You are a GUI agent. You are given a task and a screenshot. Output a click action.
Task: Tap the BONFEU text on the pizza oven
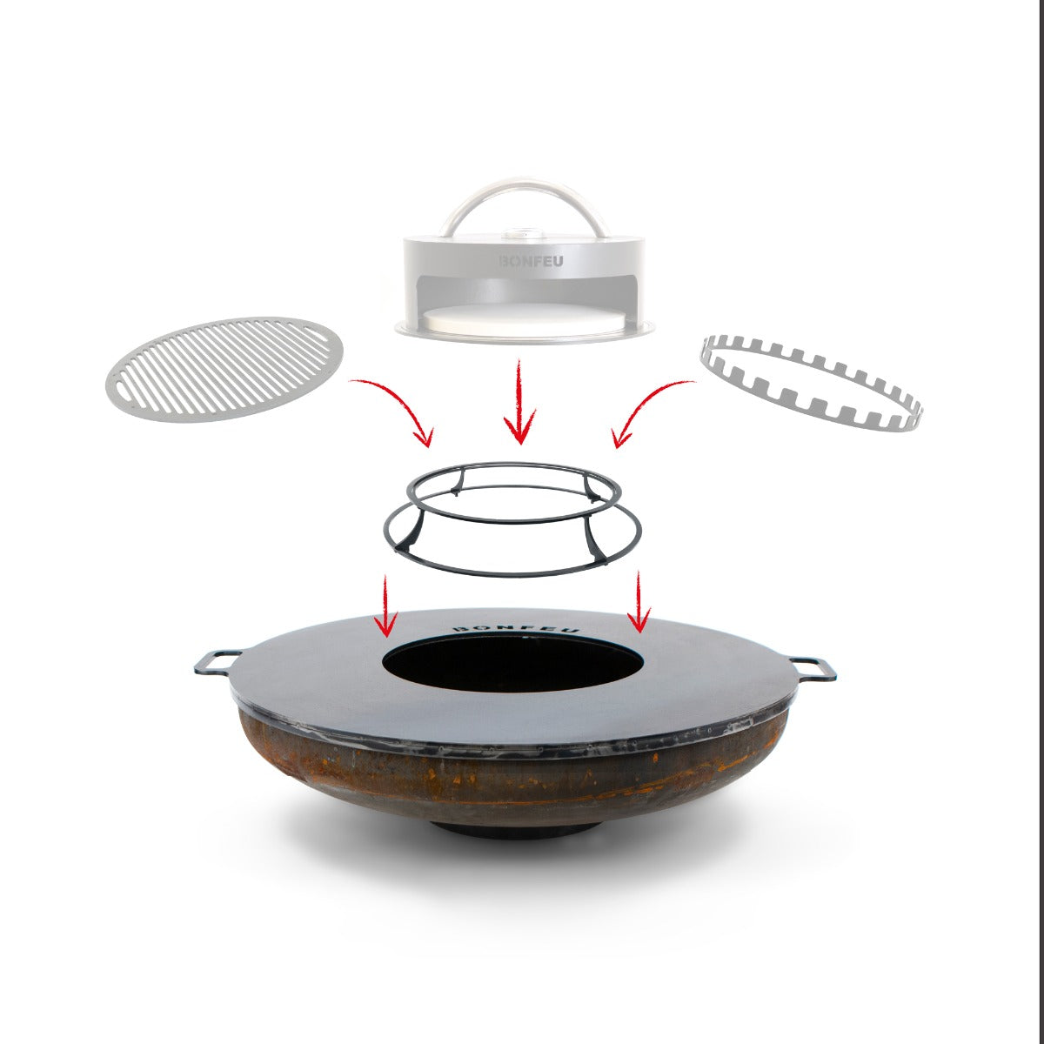[x=531, y=262]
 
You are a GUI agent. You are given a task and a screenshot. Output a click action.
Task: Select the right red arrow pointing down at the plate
[x=639, y=602]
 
